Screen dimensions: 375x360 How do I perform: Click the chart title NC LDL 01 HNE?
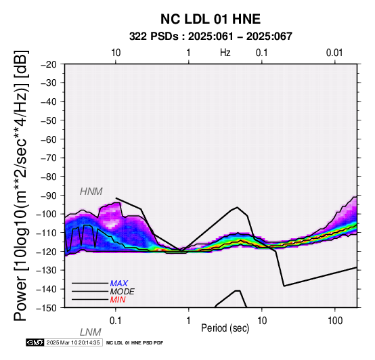tap(211, 19)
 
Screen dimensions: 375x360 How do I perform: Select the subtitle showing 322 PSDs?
tap(211, 37)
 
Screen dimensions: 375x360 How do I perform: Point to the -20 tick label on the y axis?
tap(49, 64)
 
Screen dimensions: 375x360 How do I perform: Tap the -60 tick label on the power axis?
tap(49, 139)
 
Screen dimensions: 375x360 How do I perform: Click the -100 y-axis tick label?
tap(47, 214)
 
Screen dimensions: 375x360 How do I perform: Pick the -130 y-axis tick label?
tap(47, 270)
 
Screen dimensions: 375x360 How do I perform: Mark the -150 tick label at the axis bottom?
tap(47, 308)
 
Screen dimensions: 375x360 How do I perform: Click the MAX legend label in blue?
tap(119, 284)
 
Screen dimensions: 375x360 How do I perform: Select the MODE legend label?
tap(123, 292)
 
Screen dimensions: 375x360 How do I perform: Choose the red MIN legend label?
tap(118, 300)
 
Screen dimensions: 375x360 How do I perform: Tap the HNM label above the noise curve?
tap(91, 192)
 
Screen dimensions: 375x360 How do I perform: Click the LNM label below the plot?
tap(91, 332)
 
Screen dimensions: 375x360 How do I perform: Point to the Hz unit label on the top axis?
tap(225, 53)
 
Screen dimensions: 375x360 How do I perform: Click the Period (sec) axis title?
tap(225, 328)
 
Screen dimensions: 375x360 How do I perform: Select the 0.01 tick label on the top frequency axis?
tap(334, 53)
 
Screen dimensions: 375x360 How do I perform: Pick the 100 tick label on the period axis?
tap(335, 321)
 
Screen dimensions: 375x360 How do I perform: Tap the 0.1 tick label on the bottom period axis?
tap(115, 321)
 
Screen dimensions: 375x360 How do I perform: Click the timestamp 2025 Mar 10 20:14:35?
tap(73, 342)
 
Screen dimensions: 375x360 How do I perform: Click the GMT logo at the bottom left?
tap(35, 342)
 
